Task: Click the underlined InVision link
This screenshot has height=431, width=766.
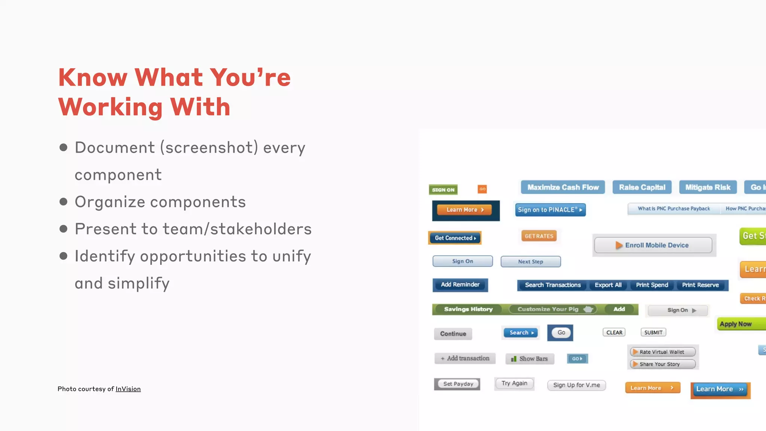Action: tap(128, 389)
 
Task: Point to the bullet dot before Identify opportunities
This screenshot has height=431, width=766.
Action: tap(64, 256)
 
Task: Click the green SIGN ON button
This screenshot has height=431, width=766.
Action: tap(443, 190)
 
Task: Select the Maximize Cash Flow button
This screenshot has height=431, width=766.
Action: tap(563, 187)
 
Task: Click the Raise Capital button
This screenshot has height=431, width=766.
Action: tap(642, 187)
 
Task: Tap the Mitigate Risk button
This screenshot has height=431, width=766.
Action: tap(708, 187)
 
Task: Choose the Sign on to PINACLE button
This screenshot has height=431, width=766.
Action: tap(550, 210)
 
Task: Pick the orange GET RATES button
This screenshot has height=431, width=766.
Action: tap(539, 236)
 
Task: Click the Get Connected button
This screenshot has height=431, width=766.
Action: tap(455, 238)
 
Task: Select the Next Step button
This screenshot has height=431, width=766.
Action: tap(530, 262)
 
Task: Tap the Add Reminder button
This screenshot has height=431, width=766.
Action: tap(460, 285)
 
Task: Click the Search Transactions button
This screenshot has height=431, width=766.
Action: tap(552, 285)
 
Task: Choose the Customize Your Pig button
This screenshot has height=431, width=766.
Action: tap(552, 309)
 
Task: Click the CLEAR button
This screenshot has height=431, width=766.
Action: tap(614, 333)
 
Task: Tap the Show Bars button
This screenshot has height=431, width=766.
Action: tap(530, 359)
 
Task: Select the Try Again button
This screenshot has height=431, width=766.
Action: tap(514, 383)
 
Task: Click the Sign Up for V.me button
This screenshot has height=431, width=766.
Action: tap(576, 385)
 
